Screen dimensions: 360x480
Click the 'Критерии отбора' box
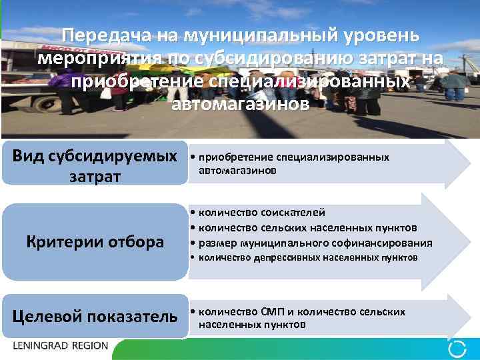pyautogui.click(x=95, y=242)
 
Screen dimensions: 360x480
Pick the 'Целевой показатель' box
pyautogui.click(x=95, y=315)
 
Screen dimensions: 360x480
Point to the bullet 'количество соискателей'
pyautogui.click(x=261, y=212)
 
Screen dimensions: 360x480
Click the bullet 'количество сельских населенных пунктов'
pyautogui.click(x=306, y=227)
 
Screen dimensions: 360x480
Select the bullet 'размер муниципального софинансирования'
pyautogui.click(x=313, y=243)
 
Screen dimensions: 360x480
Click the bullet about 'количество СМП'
pyautogui.click(x=300, y=318)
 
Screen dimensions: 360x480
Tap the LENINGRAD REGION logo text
pyautogui.click(x=60, y=347)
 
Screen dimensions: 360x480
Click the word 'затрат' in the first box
pyautogui.click(x=95, y=176)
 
